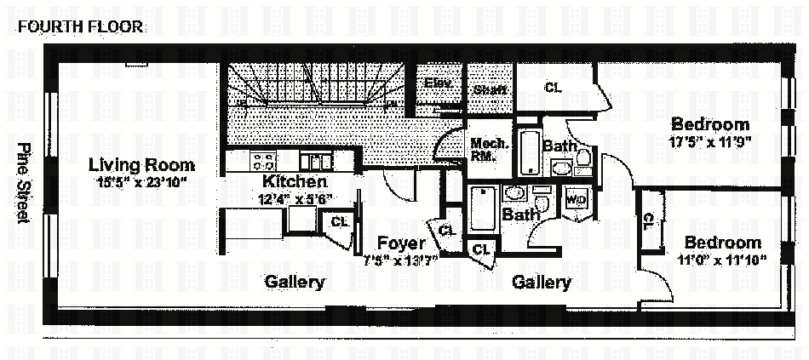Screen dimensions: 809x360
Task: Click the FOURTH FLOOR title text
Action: click(x=81, y=26)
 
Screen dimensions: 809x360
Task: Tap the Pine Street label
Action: click(x=24, y=183)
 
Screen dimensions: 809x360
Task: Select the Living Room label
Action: click(x=142, y=165)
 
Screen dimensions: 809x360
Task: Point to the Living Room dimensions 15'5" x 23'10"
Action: click(x=142, y=181)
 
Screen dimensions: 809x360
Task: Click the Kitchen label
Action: click(x=295, y=181)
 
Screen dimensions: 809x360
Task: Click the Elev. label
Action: click(x=438, y=83)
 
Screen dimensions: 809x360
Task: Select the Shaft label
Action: click(x=490, y=89)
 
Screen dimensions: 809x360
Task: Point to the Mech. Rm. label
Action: click(x=490, y=149)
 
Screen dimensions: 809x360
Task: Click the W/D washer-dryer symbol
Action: click(x=577, y=200)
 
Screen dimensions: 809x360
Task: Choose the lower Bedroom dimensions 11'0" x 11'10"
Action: click(x=722, y=259)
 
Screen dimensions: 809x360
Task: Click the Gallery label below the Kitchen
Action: click(x=294, y=282)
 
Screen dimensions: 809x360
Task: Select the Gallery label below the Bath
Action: click(x=541, y=283)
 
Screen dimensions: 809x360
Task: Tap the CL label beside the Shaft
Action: click(x=553, y=87)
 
